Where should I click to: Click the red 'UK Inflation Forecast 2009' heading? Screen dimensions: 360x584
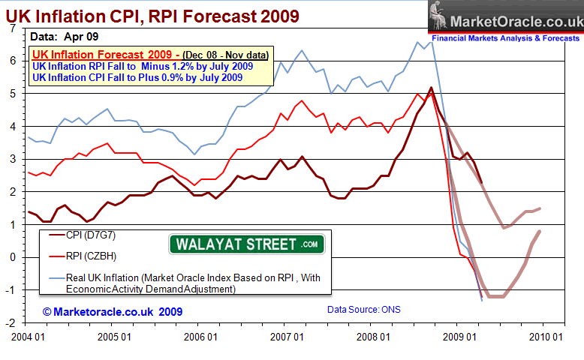(x=106, y=54)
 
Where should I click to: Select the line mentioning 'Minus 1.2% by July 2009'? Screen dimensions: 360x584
(x=143, y=66)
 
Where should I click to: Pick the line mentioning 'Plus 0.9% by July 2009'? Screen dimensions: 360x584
(x=143, y=77)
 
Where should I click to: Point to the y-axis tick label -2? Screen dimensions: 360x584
(x=10, y=323)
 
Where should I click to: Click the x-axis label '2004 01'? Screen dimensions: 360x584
(x=28, y=337)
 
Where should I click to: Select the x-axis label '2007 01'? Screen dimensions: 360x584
(x=290, y=337)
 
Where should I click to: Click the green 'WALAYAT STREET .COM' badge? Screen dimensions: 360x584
(x=246, y=244)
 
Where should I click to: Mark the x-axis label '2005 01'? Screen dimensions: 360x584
(x=115, y=337)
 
